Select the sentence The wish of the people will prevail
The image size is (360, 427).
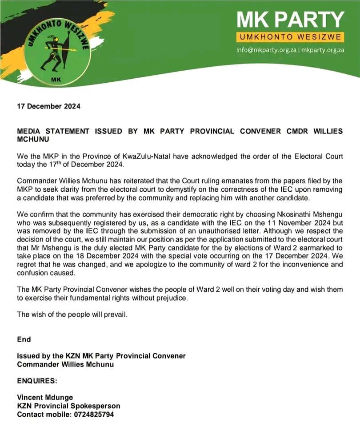click(x=72, y=314)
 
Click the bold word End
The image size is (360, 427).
click(x=24, y=339)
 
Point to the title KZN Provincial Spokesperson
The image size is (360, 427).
click(x=68, y=406)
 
